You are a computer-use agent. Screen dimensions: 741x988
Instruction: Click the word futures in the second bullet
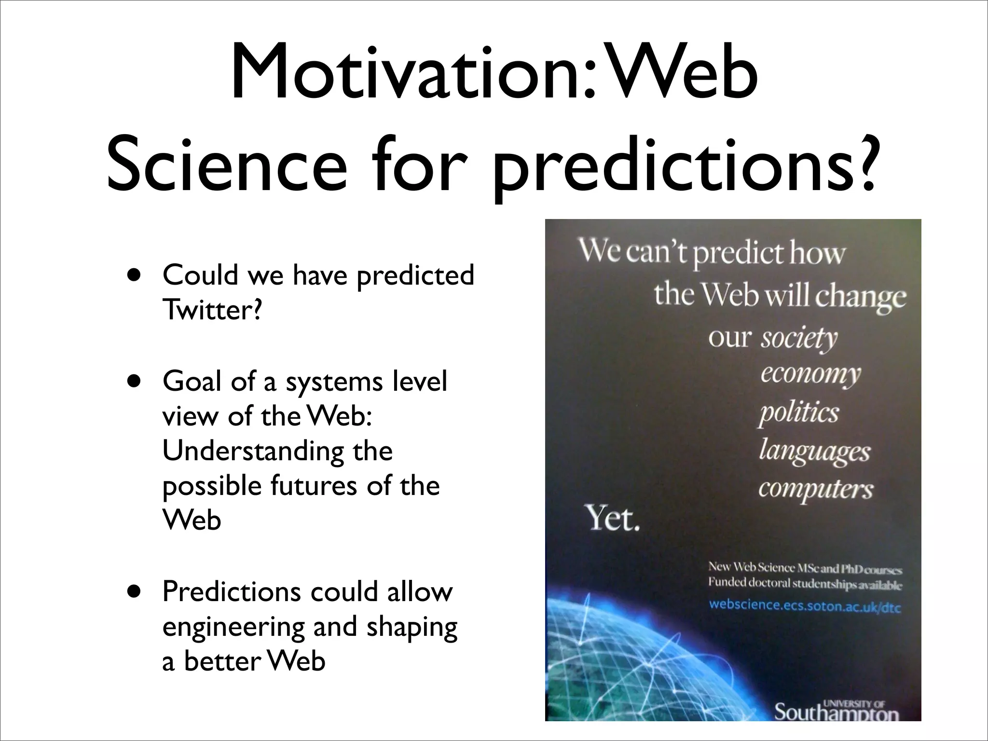tap(314, 486)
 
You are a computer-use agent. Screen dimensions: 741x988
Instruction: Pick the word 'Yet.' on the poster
tap(613, 520)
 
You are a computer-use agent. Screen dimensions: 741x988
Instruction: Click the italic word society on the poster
tap(799, 339)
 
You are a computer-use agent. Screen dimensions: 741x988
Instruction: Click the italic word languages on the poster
tap(814, 452)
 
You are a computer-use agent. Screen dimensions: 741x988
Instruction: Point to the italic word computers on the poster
tap(815, 489)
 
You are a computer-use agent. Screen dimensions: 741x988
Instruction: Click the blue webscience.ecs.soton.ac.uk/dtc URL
tap(805, 605)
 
